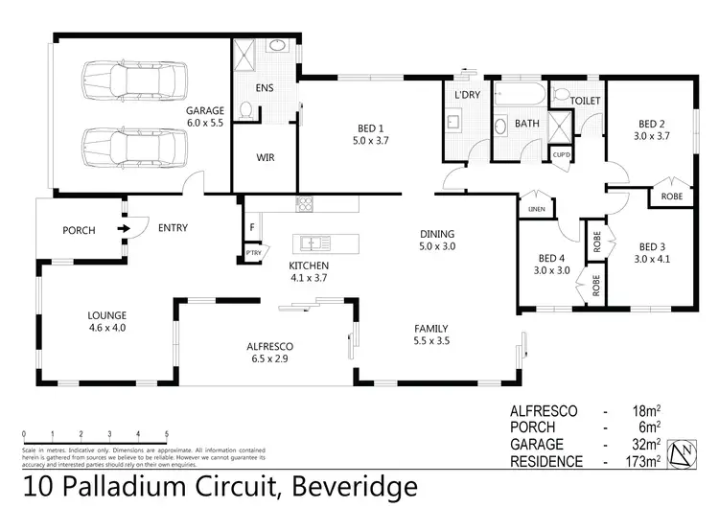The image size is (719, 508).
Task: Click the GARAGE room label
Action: click(204, 111)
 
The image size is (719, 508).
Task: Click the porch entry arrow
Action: click(124, 229)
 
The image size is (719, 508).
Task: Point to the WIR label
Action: click(266, 157)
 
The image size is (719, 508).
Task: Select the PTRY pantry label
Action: click(253, 253)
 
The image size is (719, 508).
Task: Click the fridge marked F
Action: click(252, 228)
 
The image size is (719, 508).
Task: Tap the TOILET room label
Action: click(585, 101)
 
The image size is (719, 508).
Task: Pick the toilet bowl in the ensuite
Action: click(248, 112)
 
